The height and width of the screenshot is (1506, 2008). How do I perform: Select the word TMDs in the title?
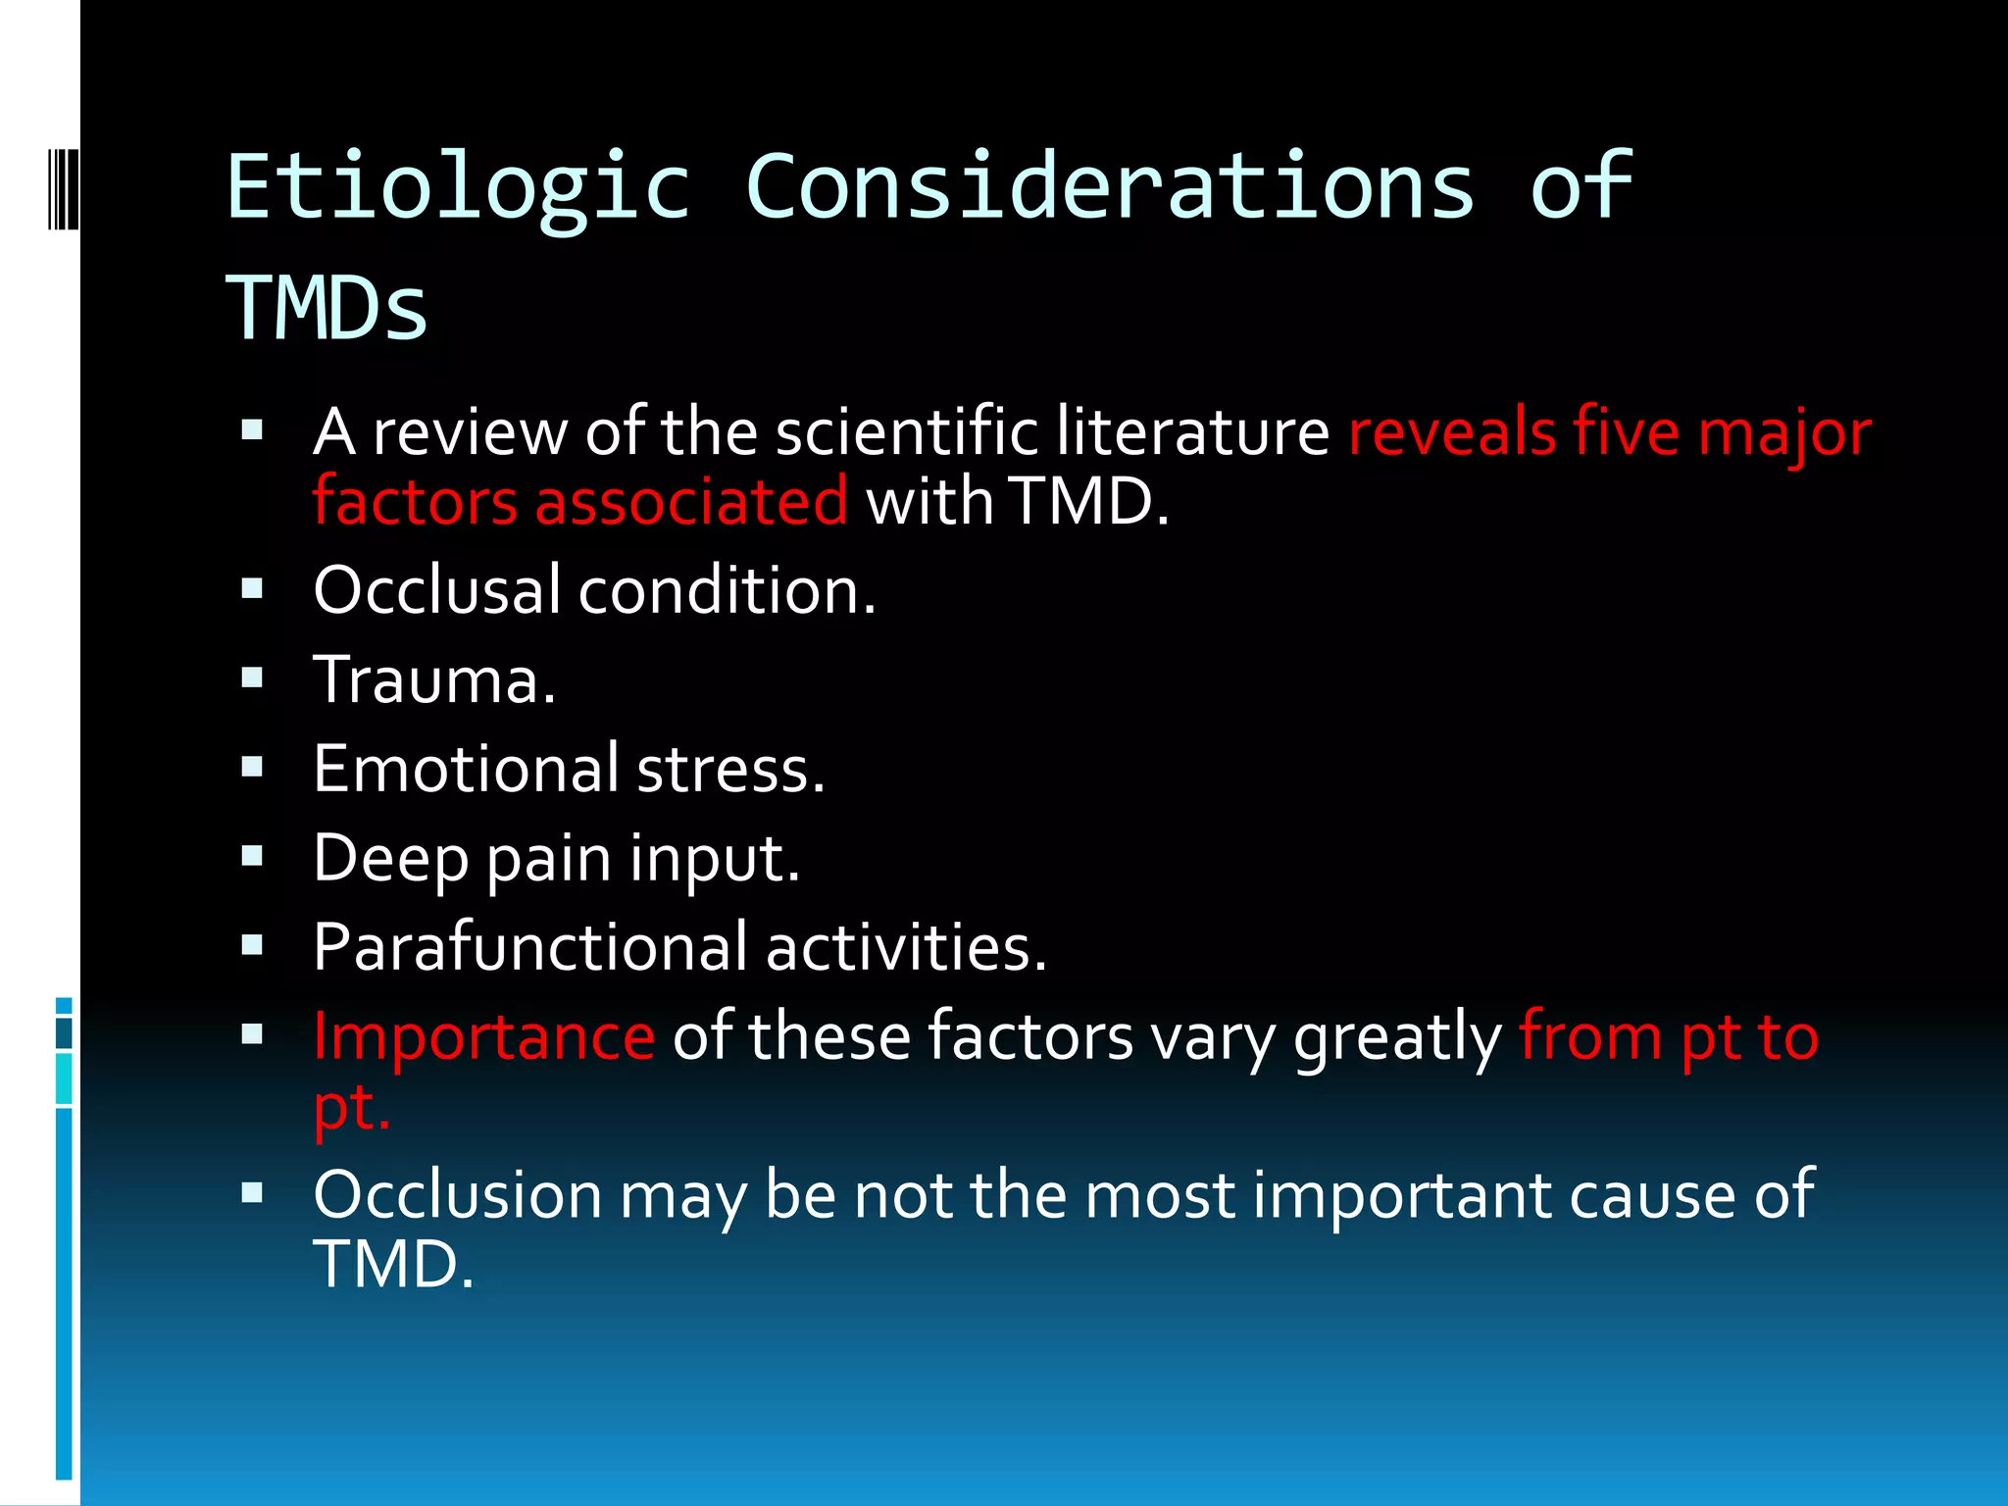[x=327, y=308]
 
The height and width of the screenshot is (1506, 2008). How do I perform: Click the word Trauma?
[x=434, y=679]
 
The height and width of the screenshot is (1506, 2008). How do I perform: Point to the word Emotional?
[x=466, y=769]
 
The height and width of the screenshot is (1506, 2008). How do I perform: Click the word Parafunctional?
[x=529, y=948]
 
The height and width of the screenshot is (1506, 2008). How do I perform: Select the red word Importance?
[x=483, y=1036]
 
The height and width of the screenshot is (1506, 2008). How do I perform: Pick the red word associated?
[x=691, y=501]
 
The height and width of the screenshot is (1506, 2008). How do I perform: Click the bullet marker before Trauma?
[x=252, y=678]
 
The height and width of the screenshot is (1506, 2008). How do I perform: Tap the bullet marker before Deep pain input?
[x=252, y=856]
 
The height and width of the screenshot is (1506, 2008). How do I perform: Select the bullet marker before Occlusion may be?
[x=252, y=1192]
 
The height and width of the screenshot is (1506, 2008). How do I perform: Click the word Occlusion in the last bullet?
[x=458, y=1195]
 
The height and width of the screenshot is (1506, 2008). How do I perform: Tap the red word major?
[x=1784, y=433]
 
